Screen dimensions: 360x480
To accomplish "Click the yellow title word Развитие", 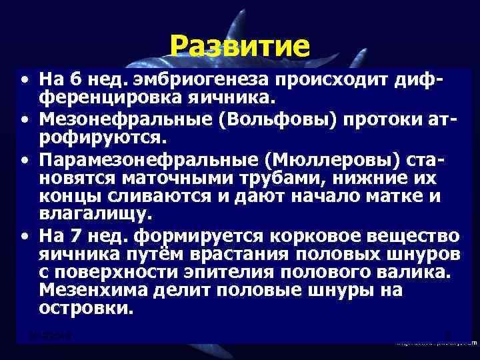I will pos(239,47).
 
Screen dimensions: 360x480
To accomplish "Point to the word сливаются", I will pos(161,197).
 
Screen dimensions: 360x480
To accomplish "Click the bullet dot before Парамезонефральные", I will pos(23,161).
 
